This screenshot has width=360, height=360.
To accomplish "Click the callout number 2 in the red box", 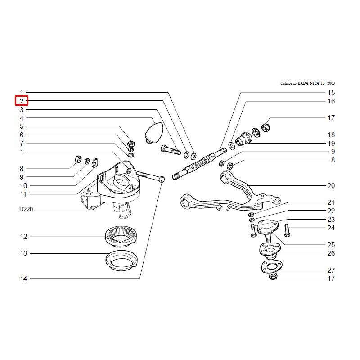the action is pos(22,101).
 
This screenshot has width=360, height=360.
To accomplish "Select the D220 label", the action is pos(26,209).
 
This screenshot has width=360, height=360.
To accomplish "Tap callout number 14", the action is pos(23,279).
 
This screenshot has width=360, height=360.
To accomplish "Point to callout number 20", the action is pos(331,185).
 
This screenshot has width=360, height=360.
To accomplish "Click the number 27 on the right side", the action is pos(331,270).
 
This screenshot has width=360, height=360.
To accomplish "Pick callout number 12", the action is pos(23,237).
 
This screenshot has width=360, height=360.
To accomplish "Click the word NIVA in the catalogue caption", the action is pos(314,83).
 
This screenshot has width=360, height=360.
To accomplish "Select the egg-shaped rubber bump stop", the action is pos(154,133).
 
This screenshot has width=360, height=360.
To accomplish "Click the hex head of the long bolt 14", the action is pos(162,179).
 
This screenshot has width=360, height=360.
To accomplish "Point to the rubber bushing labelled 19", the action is pos(243,139).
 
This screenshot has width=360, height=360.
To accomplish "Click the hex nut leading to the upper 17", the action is pos(265,127).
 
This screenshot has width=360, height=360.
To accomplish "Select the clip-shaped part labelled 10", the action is pos(95,163).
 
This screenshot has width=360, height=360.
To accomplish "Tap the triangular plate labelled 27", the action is pos(272,266).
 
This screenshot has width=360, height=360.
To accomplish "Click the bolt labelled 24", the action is pos(287,230).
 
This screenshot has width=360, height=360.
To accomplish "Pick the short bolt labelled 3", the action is pos(171,149).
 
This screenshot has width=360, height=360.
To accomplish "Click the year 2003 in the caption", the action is pos(331,83).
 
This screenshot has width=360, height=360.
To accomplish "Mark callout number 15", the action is pos(331,93).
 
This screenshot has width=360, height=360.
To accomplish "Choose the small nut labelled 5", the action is pos(131,144).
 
